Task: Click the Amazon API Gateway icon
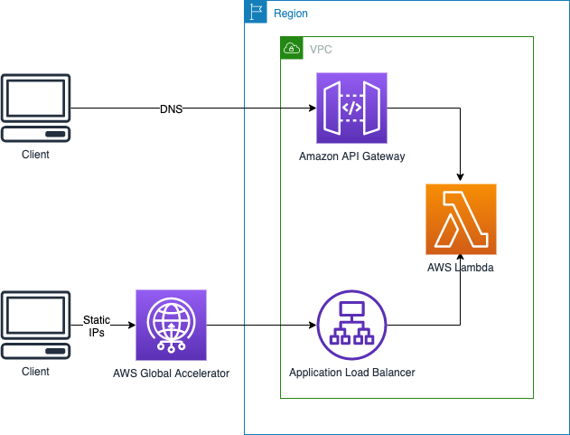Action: (351, 109)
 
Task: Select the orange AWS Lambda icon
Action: (461, 219)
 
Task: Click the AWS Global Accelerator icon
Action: (171, 325)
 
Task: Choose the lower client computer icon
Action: (35, 325)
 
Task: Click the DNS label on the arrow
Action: (172, 109)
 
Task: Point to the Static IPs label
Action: (97, 326)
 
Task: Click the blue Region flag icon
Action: (256, 13)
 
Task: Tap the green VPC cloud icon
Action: (292, 48)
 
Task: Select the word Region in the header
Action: (290, 14)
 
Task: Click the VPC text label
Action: (321, 49)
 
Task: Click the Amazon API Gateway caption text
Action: (351, 156)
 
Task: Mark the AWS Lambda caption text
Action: (461, 268)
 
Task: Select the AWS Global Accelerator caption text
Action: (171, 373)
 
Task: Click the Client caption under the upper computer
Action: (35, 155)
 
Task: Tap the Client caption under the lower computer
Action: (35, 371)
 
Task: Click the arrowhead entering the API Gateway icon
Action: (311, 109)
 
